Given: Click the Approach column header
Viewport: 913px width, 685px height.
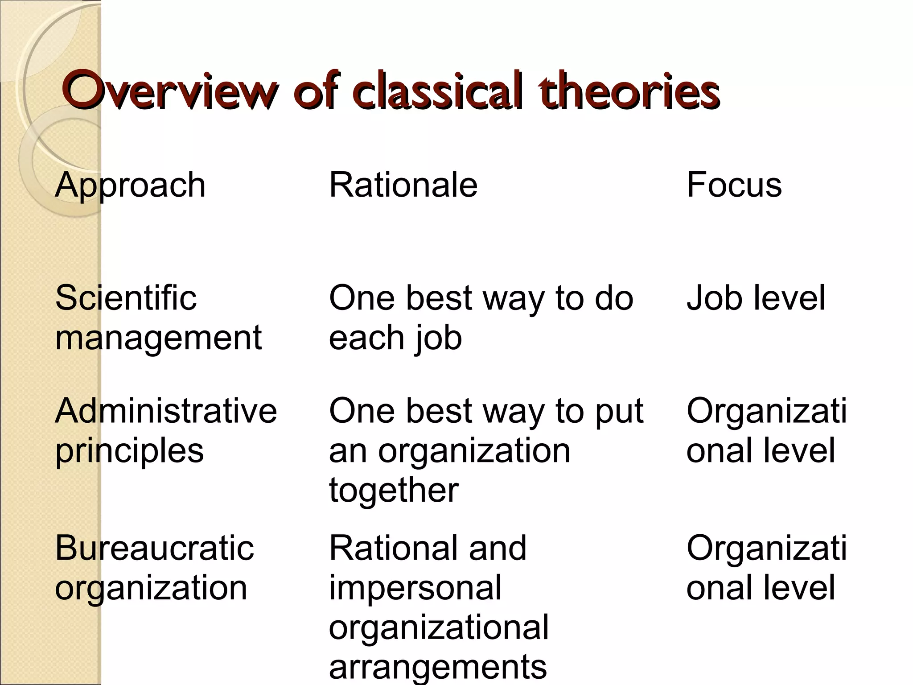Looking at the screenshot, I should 130,185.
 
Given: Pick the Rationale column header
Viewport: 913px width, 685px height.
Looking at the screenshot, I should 403,185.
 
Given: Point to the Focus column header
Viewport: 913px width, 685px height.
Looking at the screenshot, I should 734,185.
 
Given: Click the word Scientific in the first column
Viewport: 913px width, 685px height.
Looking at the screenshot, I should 126,298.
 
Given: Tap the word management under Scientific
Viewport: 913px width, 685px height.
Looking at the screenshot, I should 158,338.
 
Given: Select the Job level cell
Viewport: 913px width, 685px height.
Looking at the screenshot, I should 756,298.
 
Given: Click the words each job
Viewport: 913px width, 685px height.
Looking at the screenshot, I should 395,338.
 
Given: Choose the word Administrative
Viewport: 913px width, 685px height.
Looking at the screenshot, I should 166,411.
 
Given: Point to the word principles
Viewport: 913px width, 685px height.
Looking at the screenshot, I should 129,451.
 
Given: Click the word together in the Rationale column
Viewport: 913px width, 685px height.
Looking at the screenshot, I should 394,490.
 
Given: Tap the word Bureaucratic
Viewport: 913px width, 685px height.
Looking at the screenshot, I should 154,548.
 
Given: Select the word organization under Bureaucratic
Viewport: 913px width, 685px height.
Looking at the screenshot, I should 151,588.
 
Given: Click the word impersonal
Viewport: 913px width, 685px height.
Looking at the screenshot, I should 415,588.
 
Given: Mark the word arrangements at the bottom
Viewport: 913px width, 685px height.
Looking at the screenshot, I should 437,667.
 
